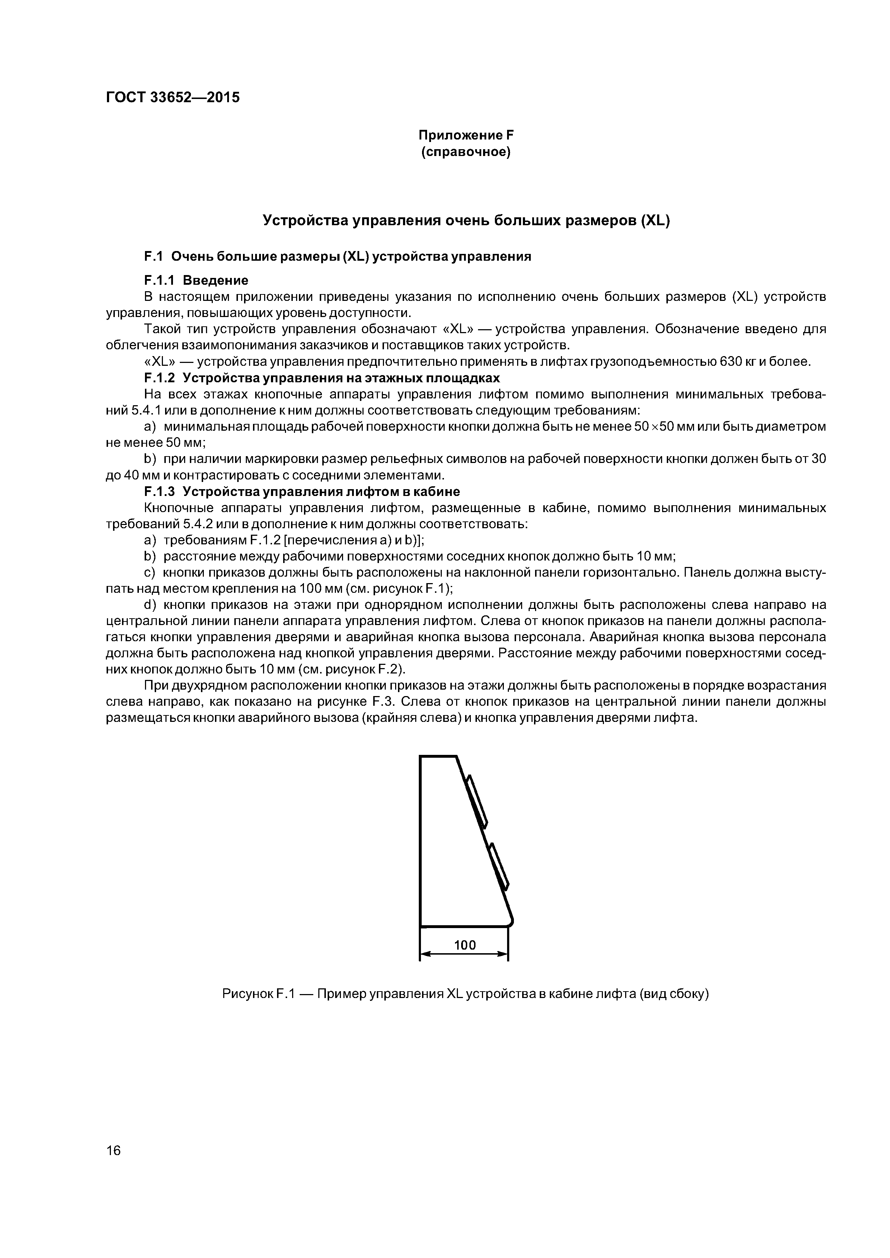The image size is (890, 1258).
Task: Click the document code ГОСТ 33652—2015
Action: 172,98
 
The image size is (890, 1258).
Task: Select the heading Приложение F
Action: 465,135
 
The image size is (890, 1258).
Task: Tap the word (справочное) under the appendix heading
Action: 465,152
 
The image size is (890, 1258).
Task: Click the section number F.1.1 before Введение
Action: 159,280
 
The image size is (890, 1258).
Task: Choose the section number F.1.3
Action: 159,491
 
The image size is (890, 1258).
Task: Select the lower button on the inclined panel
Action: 499,867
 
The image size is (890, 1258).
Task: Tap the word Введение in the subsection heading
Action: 216,280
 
